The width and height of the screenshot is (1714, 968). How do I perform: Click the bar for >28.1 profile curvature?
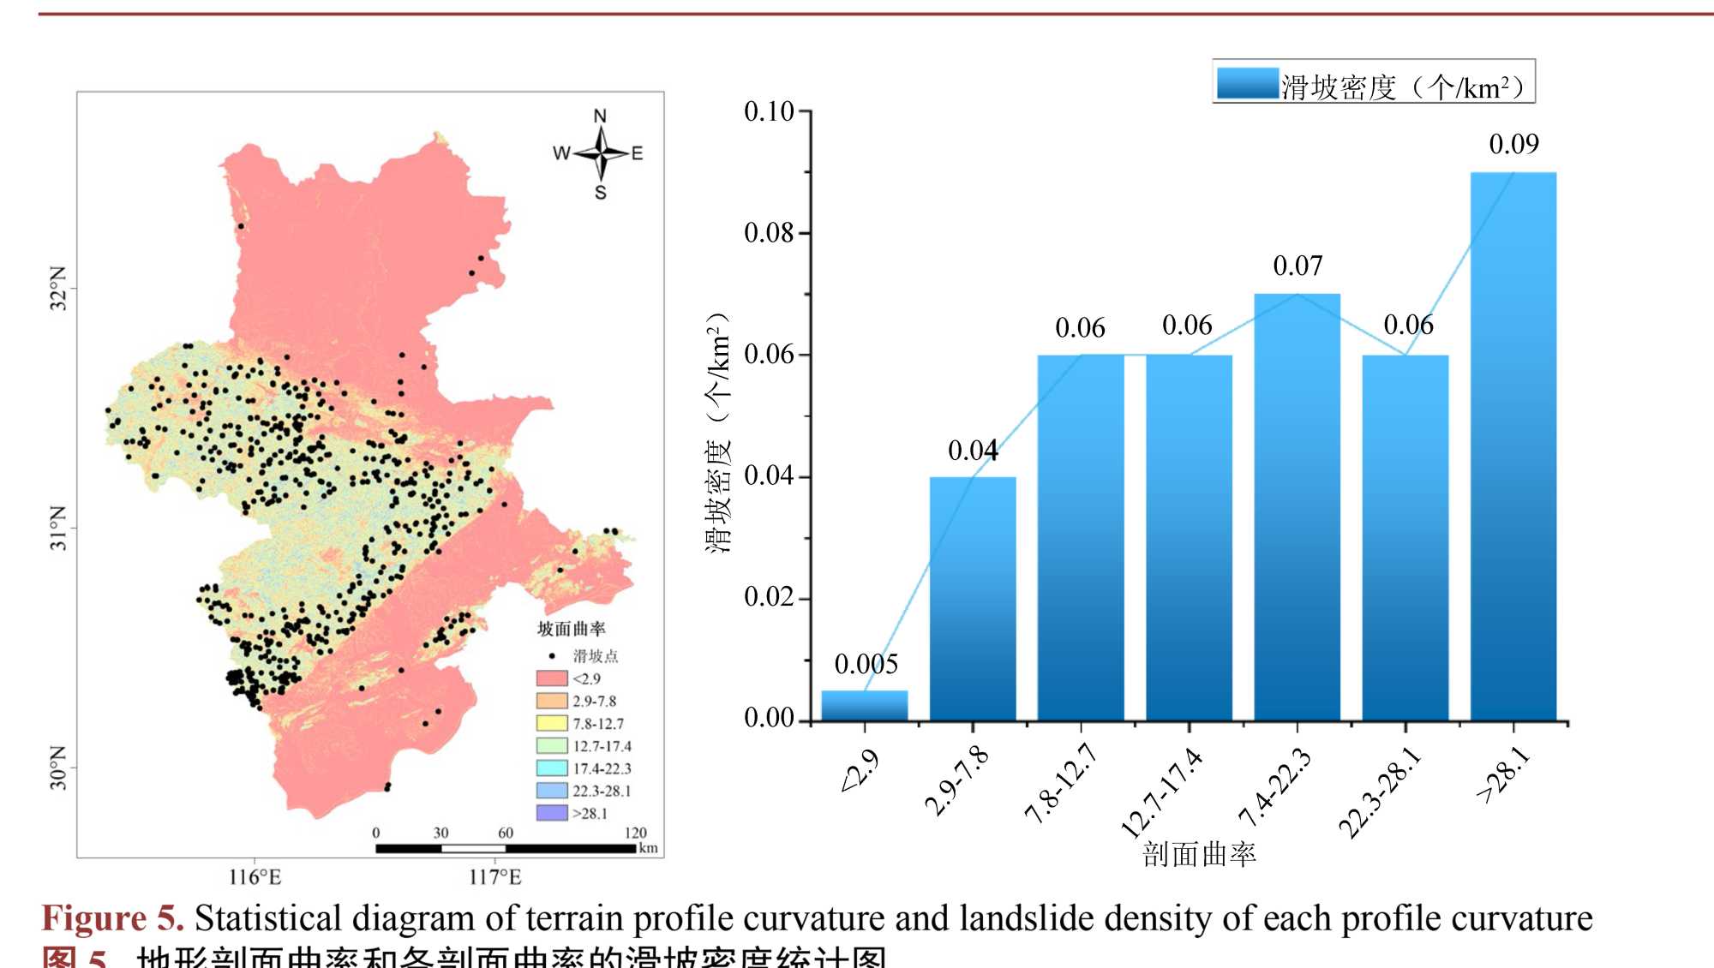(x=1513, y=445)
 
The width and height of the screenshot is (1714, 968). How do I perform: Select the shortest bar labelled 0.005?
(x=864, y=705)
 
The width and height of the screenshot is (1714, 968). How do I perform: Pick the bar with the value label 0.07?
(x=1297, y=505)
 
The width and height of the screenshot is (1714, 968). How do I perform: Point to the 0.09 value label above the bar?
(x=1513, y=144)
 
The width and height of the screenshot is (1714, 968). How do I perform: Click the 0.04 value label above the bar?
(x=973, y=451)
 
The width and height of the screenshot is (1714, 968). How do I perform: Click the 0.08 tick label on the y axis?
(x=769, y=233)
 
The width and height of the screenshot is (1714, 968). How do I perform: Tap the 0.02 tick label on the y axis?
(x=769, y=597)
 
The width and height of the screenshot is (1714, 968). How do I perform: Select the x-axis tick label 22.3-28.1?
(x=1380, y=792)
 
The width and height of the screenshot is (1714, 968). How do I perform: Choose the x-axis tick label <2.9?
(x=860, y=771)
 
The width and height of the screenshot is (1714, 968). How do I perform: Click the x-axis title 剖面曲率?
(x=1199, y=854)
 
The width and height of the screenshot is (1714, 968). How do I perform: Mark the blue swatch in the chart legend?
(x=1247, y=84)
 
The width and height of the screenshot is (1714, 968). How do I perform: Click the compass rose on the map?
(x=601, y=152)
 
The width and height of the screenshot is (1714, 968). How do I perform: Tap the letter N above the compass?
(x=600, y=116)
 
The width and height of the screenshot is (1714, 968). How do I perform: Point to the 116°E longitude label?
(x=255, y=877)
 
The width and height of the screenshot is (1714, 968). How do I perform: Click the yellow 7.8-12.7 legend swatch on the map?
(x=552, y=724)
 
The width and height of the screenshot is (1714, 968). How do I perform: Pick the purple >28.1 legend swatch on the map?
(x=552, y=813)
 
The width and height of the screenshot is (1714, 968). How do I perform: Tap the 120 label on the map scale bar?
(x=635, y=833)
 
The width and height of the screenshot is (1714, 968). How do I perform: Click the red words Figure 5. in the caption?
(x=112, y=918)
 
